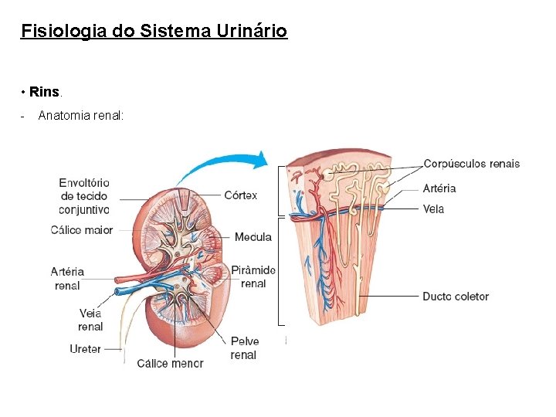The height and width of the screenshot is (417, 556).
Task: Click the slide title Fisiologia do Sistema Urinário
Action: (x=154, y=32)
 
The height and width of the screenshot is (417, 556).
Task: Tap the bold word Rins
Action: (x=45, y=93)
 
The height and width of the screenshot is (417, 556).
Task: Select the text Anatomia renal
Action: (x=80, y=116)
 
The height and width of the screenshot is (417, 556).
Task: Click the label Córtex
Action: (x=240, y=195)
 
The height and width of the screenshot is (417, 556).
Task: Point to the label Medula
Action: (x=253, y=237)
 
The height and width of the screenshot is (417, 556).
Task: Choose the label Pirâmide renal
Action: (x=253, y=276)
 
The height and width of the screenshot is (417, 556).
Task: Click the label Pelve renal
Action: (x=244, y=348)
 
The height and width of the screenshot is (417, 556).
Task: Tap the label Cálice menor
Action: (x=170, y=363)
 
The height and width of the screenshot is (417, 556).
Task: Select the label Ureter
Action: (x=85, y=349)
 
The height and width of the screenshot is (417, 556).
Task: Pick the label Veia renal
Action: (x=90, y=320)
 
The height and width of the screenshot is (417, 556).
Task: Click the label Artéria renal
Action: (x=67, y=279)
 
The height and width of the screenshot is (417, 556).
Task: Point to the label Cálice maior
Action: (x=82, y=229)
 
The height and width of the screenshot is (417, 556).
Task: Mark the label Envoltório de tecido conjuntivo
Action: (x=84, y=196)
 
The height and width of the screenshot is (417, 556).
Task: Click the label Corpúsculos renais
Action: (x=471, y=164)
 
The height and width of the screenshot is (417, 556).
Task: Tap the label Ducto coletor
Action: (x=456, y=297)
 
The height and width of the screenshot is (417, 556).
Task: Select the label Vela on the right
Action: (x=433, y=209)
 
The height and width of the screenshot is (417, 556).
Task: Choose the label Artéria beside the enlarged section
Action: (x=439, y=188)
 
